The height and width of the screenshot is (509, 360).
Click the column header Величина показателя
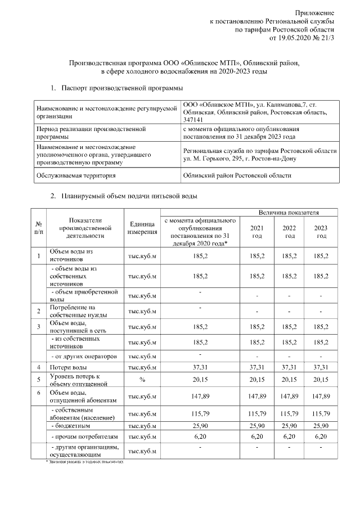click(x=289, y=213)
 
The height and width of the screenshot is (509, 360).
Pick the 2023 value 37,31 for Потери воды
click(x=321, y=367)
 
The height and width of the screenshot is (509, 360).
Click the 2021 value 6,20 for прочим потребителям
click(x=256, y=436)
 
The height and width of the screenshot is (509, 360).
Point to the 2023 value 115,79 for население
click(x=321, y=414)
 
